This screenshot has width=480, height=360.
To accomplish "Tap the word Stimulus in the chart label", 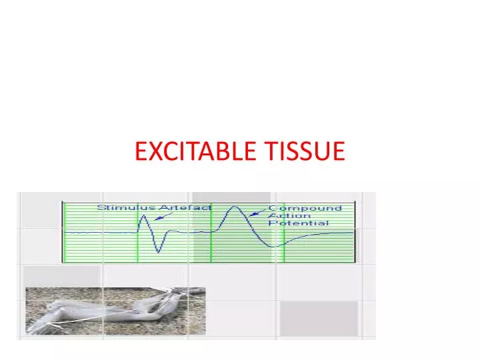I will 120,207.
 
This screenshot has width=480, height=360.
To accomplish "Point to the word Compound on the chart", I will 305,208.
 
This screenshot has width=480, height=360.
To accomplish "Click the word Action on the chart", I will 285,215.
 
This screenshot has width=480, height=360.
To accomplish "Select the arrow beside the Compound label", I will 255,214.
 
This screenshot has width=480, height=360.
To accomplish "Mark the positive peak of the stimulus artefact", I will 145,216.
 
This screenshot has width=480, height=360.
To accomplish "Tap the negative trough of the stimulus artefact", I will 159,251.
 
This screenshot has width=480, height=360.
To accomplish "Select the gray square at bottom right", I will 318,318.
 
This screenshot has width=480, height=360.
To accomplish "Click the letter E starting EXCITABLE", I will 140,152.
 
